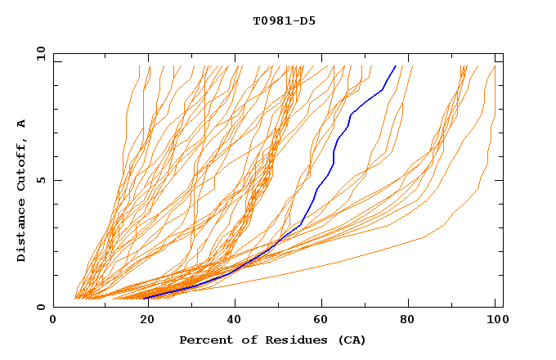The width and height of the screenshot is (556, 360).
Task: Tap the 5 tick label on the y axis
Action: point(40,180)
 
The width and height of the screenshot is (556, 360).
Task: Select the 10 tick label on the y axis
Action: point(38,53)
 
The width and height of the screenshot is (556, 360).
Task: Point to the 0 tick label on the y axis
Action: point(40,307)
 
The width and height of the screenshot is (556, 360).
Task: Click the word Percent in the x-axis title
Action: point(204,340)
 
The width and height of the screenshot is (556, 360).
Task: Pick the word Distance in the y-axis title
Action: point(21,232)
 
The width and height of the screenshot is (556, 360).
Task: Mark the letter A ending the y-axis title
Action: point(21,123)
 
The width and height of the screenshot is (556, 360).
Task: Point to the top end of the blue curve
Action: point(396,65)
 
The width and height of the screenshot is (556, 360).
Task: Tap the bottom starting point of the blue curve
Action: point(146,299)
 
